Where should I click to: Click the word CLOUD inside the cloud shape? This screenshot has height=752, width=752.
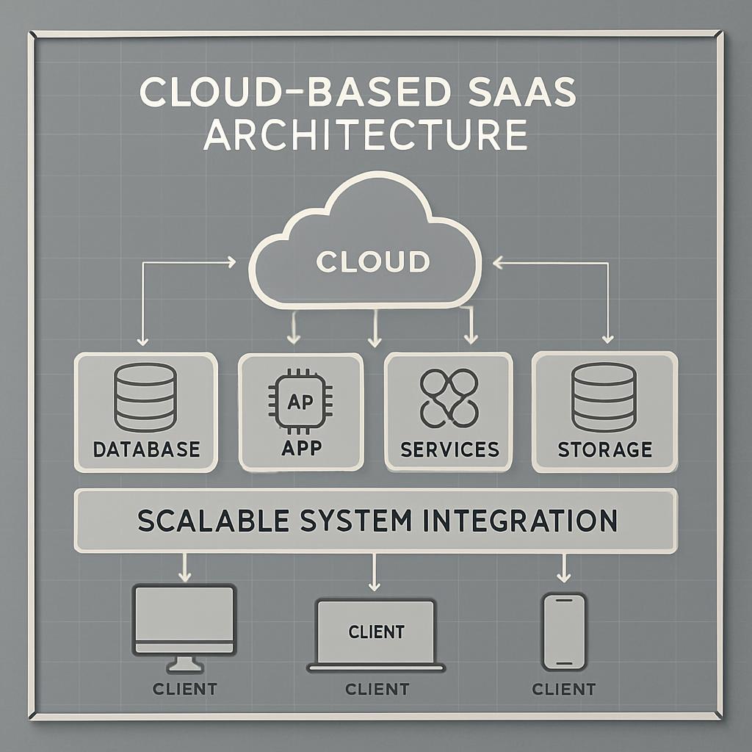click(x=372, y=261)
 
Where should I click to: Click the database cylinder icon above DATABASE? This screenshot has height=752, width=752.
click(x=145, y=397)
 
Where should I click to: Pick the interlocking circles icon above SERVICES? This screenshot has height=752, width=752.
click(x=449, y=397)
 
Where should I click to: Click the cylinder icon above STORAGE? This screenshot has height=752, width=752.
click(x=604, y=397)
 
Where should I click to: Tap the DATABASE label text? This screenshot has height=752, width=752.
click(x=146, y=449)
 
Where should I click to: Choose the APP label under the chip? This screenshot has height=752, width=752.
click(x=300, y=448)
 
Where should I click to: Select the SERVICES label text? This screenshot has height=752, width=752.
click(x=449, y=449)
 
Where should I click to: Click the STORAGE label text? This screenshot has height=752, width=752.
click(x=604, y=449)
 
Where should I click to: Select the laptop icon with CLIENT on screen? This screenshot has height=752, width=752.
click(x=376, y=633)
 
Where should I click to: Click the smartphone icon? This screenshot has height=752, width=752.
click(x=563, y=632)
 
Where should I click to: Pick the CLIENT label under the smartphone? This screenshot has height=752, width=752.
click(x=563, y=689)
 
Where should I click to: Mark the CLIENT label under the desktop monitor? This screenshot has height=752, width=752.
click(x=184, y=689)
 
